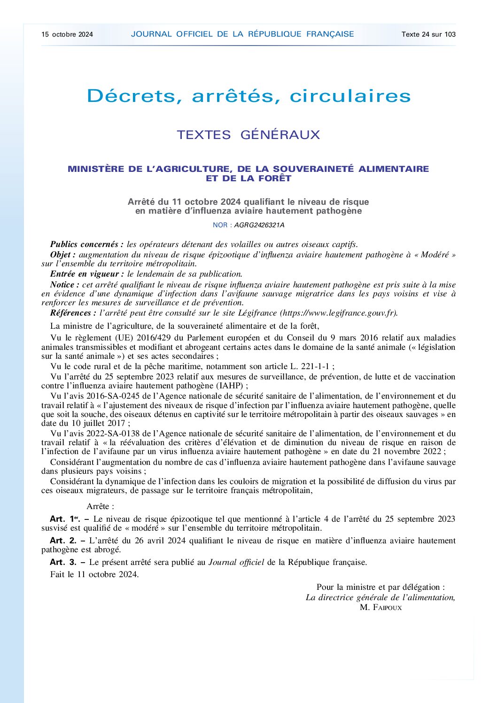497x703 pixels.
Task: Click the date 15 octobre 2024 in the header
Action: (67, 34)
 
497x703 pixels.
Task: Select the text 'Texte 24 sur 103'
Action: (428, 34)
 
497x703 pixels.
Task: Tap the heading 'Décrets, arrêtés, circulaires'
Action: (248, 96)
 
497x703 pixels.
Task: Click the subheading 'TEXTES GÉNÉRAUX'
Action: (248, 135)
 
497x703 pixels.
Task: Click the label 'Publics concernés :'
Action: (87, 244)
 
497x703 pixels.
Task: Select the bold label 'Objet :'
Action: (63, 255)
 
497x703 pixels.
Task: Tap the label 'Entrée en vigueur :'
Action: (87, 274)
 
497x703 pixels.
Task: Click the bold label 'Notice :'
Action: (65, 285)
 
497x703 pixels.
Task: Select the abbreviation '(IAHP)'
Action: (229, 386)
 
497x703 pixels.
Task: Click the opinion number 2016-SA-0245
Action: (115, 396)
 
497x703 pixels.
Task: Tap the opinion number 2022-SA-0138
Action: (115, 433)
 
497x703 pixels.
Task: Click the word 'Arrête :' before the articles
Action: (101, 506)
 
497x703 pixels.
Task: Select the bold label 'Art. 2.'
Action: (63, 541)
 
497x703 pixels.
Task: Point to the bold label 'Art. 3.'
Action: (63, 562)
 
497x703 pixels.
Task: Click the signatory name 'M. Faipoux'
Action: (381, 607)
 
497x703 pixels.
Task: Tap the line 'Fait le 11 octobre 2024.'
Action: (94, 574)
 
